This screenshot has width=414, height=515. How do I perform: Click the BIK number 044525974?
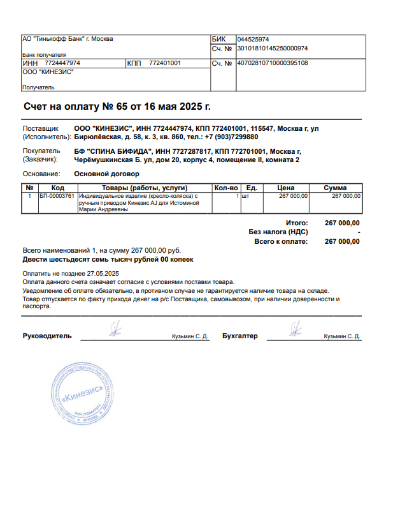tap(253, 40)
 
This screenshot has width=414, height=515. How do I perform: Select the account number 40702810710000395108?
tap(273, 63)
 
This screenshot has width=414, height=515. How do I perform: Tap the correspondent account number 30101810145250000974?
tap(273, 49)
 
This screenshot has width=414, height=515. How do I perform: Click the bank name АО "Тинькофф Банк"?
tap(68, 40)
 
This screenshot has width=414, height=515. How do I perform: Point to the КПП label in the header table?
tap(134, 63)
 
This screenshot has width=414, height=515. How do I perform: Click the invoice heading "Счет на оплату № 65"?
tap(117, 106)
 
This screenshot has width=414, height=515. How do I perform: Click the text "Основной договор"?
tap(107, 174)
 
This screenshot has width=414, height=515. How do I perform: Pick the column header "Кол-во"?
tap(226, 188)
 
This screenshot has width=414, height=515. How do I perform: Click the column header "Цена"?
tap(285, 188)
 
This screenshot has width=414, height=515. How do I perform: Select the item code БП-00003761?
tap(57, 196)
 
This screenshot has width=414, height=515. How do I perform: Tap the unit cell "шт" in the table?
tap(245, 196)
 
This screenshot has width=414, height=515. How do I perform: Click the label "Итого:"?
tap(297, 223)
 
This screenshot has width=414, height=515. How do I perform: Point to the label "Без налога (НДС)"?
tap(278, 232)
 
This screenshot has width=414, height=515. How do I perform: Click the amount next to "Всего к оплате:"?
tap(342, 242)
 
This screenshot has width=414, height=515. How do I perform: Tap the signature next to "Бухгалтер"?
tap(293, 329)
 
